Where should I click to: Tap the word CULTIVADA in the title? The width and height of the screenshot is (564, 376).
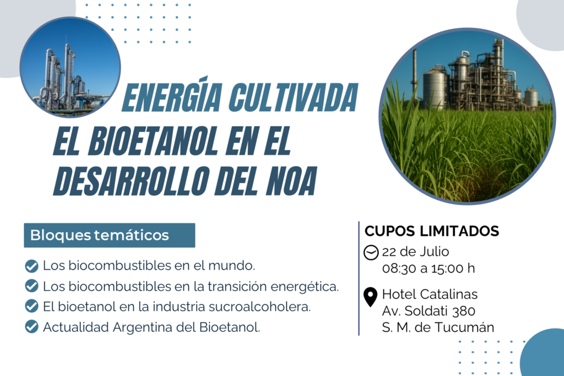click(x=294, y=97)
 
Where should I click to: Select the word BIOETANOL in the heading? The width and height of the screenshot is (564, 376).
click(x=153, y=141)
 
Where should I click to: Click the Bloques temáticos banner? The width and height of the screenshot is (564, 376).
click(x=110, y=235)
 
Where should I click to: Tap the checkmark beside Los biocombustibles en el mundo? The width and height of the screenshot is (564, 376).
click(x=31, y=266)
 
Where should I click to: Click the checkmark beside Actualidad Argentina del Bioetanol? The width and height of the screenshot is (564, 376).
click(x=31, y=327)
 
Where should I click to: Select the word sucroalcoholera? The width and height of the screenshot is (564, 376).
click(x=259, y=307)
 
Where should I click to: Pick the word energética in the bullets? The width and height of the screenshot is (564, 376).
click(x=304, y=286)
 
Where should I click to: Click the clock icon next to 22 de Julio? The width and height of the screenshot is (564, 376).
click(x=371, y=252)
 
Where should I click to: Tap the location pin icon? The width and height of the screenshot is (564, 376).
click(x=371, y=297)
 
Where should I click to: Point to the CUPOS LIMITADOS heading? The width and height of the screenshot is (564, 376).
click(x=432, y=231)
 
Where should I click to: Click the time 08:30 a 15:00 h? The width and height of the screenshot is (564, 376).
click(x=429, y=268)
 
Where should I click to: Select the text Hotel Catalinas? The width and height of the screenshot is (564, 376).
click(x=430, y=294)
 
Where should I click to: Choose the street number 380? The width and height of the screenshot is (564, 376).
click(x=464, y=310)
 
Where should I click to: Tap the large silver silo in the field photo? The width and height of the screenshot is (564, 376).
click(x=435, y=89)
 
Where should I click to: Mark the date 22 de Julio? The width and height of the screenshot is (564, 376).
click(x=415, y=252)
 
